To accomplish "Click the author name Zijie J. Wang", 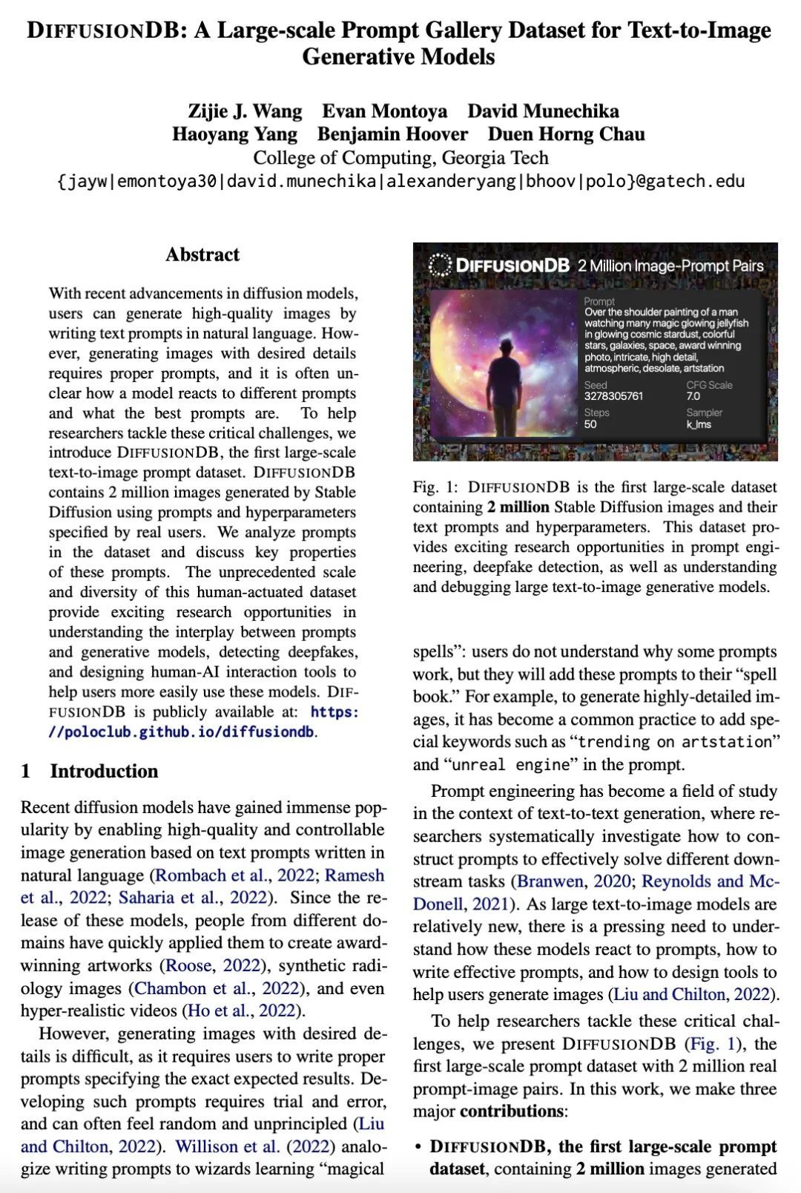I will pos(245,111).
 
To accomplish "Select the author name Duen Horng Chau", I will pos(566,134).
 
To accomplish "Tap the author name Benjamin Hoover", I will pos(392,134).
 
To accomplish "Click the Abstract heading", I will pos(202,254).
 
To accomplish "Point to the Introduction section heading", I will pos(104,771).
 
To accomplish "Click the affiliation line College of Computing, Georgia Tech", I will pos(400,158).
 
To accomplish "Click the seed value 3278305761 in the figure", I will pos(613,396).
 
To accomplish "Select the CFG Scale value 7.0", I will pos(693,396).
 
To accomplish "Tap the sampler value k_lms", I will pos(699,424).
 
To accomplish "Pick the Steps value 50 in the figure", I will pos(590,424).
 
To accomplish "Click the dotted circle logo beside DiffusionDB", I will pos(440,265).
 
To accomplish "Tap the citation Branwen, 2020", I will pos(573,881).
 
